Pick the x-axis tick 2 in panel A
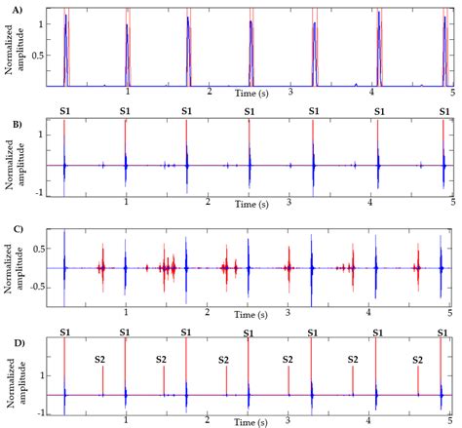[209, 92]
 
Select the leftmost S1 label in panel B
[64, 112]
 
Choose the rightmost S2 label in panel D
[417, 360]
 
